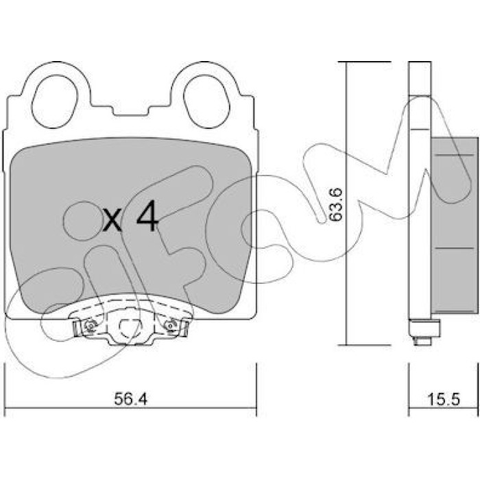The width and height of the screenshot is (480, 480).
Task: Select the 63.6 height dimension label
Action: click(335, 204)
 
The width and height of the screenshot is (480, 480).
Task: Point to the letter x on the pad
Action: click(112, 221)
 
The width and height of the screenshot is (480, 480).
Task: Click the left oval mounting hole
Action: click(55, 101)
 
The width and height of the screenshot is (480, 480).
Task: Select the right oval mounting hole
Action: click(206, 101)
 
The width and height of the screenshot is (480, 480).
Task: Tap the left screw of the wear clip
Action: click(88, 326)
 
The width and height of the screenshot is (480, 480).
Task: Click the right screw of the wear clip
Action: click(170, 326)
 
